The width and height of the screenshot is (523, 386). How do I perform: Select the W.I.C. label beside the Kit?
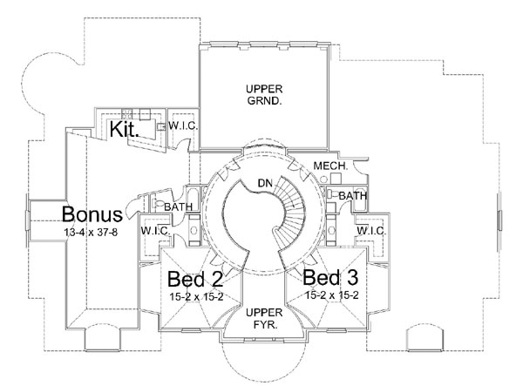pyautogui.click(x=183, y=125)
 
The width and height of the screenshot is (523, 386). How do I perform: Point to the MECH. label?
pyautogui.click(x=332, y=165)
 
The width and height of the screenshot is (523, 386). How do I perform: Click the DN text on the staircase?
pyautogui.click(x=266, y=181)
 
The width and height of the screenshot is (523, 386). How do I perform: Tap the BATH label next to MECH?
pyautogui.click(x=352, y=196)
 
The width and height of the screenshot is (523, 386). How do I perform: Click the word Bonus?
pyautogui.click(x=91, y=214)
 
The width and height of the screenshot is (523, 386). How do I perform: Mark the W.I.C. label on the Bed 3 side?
pyautogui.click(x=370, y=230)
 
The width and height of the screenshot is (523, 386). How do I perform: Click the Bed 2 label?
pyautogui.click(x=195, y=280)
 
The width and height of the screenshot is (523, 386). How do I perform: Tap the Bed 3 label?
pyautogui.click(x=332, y=278)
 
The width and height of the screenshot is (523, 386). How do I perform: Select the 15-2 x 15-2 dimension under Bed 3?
pyautogui.click(x=332, y=296)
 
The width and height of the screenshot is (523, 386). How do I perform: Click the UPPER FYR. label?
pyautogui.click(x=262, y=318)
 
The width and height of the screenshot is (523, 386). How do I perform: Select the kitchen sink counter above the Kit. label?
pyautogui.click(x=131, y=113)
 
